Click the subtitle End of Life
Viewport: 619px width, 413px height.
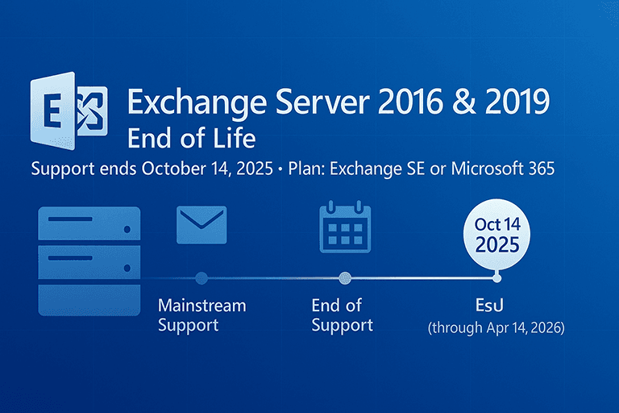192,138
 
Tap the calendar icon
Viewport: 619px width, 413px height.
345,226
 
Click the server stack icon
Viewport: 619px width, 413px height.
89,260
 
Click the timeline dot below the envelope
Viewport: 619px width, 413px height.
201,278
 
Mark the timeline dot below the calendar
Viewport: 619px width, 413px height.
345,278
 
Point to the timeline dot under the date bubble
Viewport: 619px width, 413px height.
496,278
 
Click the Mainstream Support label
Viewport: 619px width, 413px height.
201,315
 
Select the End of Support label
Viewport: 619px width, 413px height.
342,315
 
